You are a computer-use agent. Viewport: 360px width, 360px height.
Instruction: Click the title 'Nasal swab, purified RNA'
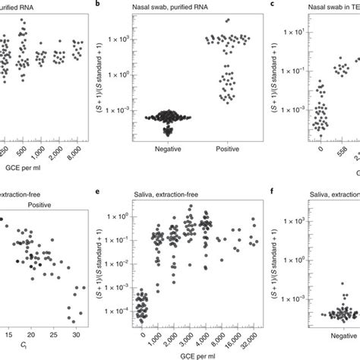tap(174, 6)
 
